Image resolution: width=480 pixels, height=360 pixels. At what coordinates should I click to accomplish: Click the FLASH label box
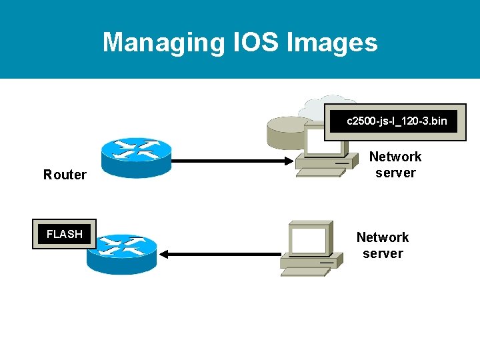coord(64,234)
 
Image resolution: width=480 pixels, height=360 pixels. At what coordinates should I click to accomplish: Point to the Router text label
coord(65,175)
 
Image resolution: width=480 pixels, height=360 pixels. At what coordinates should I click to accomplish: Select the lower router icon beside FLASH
coord(121,253)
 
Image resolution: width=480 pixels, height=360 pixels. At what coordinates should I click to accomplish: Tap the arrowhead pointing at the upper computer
coord(287,161)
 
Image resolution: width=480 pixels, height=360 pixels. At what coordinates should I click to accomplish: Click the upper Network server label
coord(395,165)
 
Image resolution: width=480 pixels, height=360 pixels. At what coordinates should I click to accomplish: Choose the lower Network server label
coord(383,245)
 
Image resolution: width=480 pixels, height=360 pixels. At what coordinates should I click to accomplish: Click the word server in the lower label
coord(383,254)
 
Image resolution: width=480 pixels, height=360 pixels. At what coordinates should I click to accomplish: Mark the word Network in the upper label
coord(395,157)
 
